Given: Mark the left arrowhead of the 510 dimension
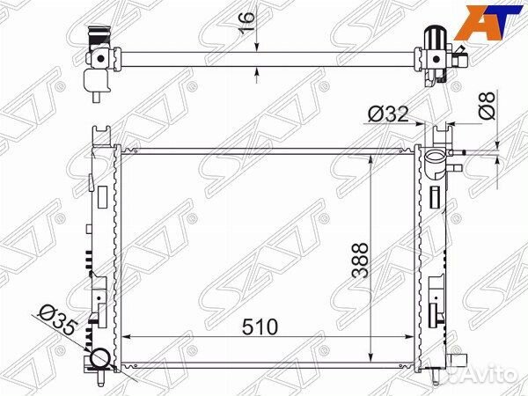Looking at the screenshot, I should (x=126, y=338).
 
